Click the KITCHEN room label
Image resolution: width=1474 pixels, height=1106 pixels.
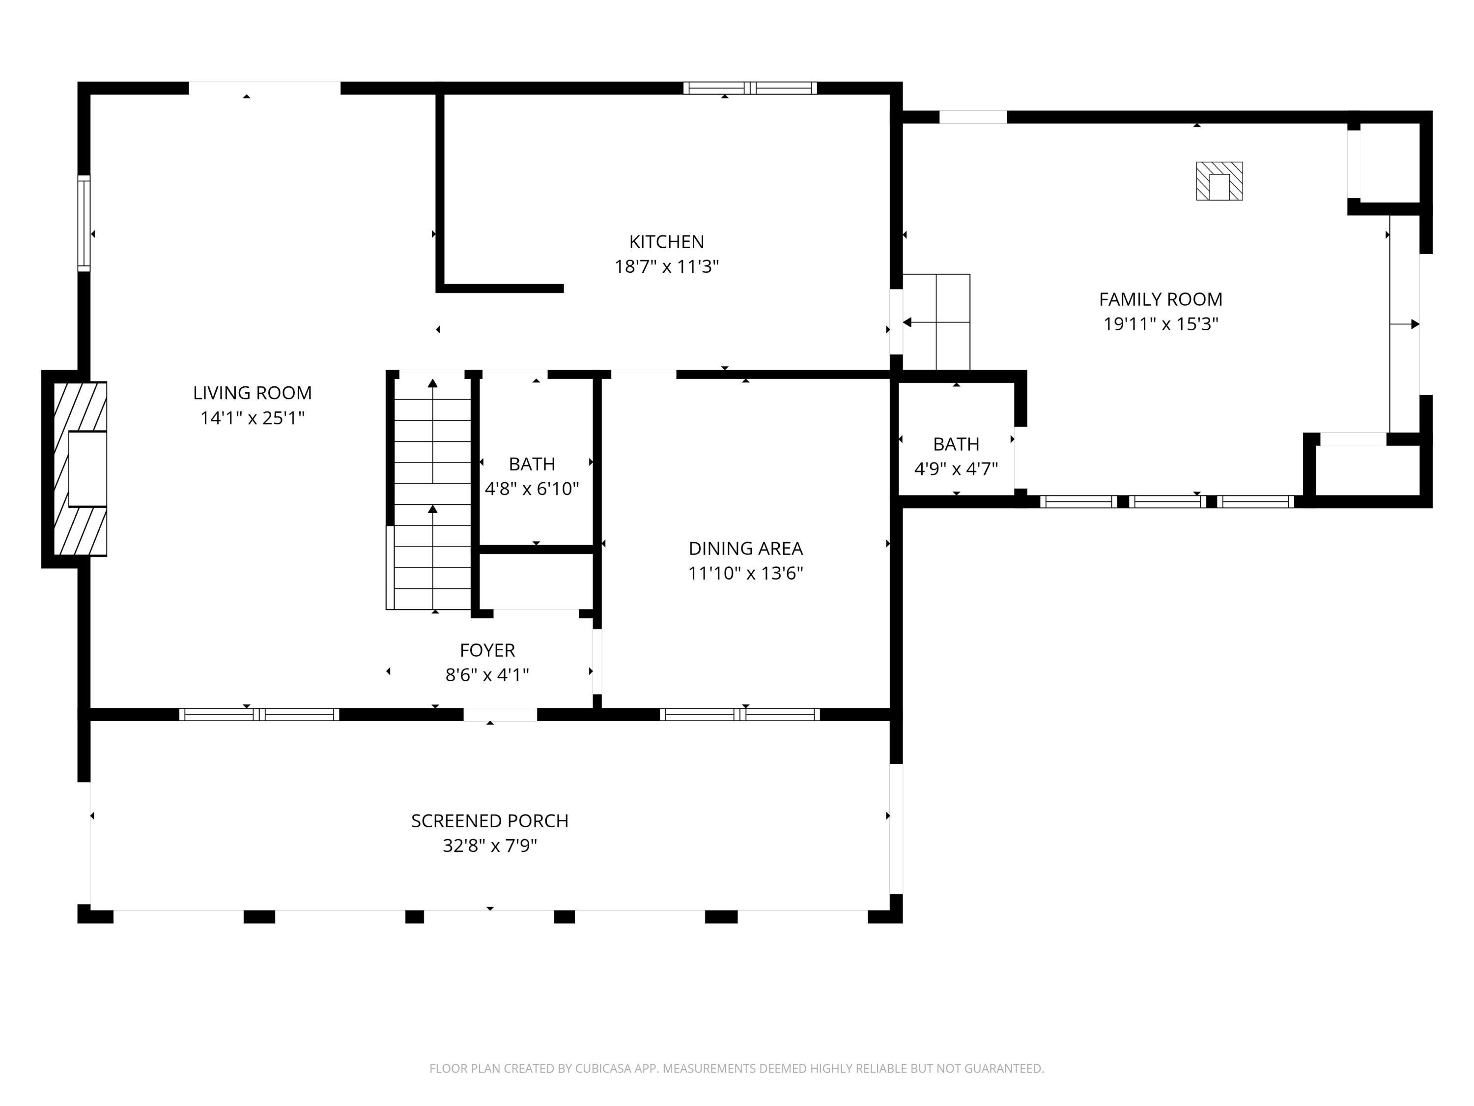coord(666,241)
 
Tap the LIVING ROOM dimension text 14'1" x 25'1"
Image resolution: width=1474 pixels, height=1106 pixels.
coord(253,418)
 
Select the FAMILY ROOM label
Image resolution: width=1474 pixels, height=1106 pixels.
coord(1160,299)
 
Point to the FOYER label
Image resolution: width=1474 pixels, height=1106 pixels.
coord(487,650)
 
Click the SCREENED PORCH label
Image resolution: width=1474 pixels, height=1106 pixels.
coord(490,821)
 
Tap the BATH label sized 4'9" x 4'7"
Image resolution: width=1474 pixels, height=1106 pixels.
coord(956,444)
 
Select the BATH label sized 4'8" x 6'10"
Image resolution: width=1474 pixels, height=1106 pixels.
coord(532,464)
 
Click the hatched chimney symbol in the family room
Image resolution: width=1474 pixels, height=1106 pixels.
coord(1219,181)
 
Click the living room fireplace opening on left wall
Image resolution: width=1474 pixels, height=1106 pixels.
coord(87,468)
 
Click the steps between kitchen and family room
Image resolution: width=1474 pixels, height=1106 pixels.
coord(936,322)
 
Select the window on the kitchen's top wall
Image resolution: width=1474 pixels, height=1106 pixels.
coord(750,88)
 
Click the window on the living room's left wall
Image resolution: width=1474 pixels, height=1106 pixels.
coord(84,223)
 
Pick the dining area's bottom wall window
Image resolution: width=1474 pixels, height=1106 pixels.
coord(739,715)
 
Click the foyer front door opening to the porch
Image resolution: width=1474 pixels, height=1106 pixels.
coord(500,715)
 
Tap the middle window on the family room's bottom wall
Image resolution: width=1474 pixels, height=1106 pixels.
coord(1167,502)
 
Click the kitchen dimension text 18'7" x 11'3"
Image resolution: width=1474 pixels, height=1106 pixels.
coord(666,266)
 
